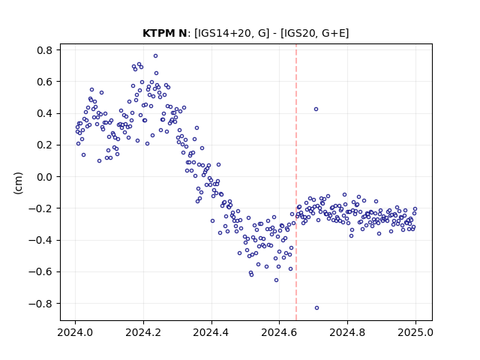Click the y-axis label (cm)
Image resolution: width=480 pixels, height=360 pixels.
pyautogui.click(x=18, y=183)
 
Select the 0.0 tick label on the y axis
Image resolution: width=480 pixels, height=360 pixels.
pyautogui.click(x=45, y=177)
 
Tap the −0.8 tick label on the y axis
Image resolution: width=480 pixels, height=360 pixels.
pyautogui.click(x=40, y=304)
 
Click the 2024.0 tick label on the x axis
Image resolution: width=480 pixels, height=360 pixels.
pyautogui.click(x=75, y=332)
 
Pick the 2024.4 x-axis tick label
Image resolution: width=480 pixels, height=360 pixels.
pyautogui.click(x=211, y=332)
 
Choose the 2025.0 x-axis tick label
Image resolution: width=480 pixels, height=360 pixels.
pyautogui.click(x=415, y=332)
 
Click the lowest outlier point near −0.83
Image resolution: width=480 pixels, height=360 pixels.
pyautogui.click(x=316, y=308)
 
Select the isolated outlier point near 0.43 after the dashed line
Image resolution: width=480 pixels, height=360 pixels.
pyautogui.click(x=316, y=109)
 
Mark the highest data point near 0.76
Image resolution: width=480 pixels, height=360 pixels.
pyautogui.click(x=155, y=56)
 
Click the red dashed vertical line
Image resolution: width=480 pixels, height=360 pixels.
pyautogui.click(x=296, y=182)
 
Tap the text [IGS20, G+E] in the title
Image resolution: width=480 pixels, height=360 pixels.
pyautogui.click(x=314, y=33)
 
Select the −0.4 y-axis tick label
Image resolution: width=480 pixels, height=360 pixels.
pyautogui.click(x=40, y=240)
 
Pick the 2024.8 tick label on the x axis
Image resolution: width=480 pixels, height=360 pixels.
pyautogui.click(x=347, y=332)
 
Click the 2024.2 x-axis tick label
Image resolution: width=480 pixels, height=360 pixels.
pyautogui.click(x=143, y=332)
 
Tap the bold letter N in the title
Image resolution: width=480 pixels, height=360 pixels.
pyautogui.click(x=183, y=33)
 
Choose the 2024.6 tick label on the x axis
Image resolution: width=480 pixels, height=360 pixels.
pyautogui.click(x=279, y=332)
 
